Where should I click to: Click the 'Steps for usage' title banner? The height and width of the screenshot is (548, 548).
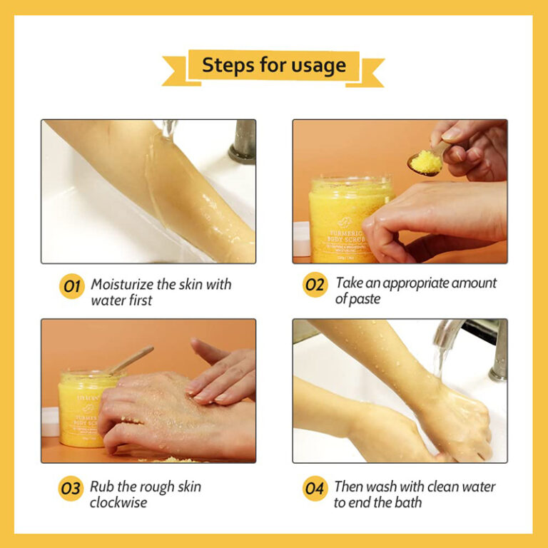tap(273, 66)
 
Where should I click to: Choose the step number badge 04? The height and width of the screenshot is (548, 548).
tap(315, 489)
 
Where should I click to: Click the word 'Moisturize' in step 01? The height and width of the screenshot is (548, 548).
tap(123, 284)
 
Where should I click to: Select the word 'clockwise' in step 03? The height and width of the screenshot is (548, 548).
tap(119, 502)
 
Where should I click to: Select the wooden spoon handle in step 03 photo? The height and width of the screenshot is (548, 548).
tap(131, 359)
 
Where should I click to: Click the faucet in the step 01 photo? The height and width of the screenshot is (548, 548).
tap(243, 142)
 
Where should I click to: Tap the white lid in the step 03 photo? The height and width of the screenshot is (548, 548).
tap(50, 421)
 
